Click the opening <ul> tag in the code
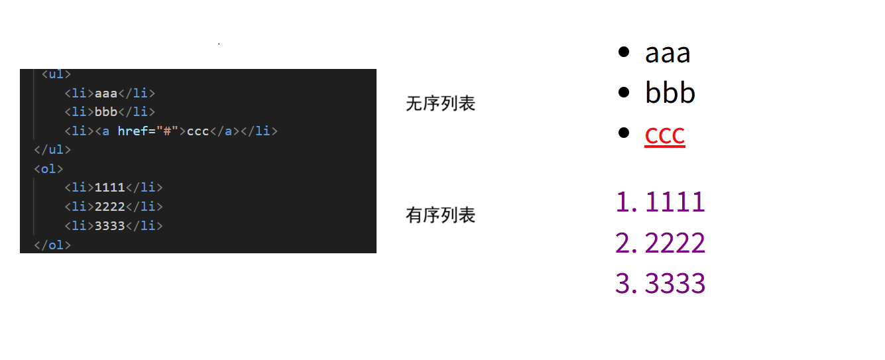click(56, 74)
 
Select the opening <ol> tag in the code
click(48, 169)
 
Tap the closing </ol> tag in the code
click(52, 245)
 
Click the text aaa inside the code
click(106, 93)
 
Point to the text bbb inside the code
click(106, 112)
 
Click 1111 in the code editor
click(110, 188)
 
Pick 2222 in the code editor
click(110, 207)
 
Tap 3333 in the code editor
click(110, 226)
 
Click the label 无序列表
click(441, 104)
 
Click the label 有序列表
click(441, 215)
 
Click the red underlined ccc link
click(664, 135)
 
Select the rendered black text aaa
click(668, 53)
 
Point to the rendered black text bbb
click(670, 93)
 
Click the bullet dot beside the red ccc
click(623, 133)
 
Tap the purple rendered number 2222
click(675, 243)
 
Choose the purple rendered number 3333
click(675, 283)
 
